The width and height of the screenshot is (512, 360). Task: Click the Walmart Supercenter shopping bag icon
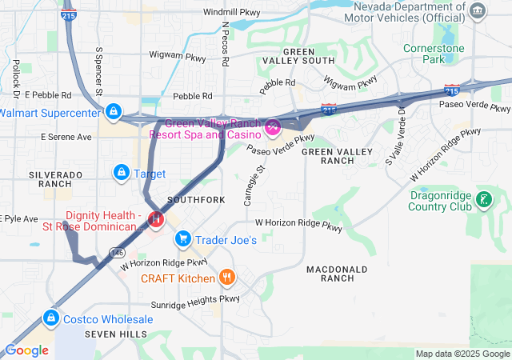point(114,110)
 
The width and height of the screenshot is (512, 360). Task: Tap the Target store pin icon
point(122,172)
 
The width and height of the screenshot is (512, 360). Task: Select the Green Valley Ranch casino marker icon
point(273,126)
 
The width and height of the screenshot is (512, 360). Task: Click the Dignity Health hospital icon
point(157,218)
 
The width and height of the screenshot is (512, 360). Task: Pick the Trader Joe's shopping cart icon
point(183,238)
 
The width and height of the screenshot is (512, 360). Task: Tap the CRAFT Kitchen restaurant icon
point(228,278)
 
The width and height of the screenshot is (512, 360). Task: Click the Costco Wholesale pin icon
point(51,318)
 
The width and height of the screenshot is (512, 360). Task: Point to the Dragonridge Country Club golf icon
point(483,198)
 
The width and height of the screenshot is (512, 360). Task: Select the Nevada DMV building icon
point(478,10)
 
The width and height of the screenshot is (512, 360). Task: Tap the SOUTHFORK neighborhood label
point(192,198)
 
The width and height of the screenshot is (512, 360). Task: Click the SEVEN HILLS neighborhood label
point(116,333)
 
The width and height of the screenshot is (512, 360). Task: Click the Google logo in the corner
point(26,350)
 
